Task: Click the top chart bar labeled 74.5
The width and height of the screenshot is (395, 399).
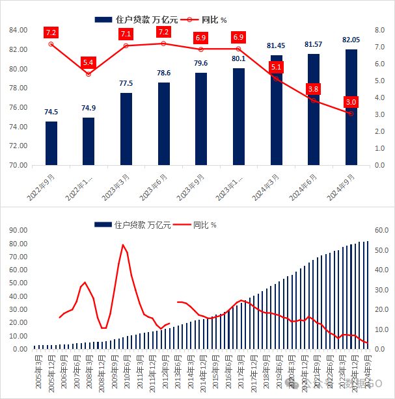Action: (51, 143)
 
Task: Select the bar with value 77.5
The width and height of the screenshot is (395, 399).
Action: (126, 129)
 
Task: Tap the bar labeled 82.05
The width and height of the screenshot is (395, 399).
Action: (351, 107)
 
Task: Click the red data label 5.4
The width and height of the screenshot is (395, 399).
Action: (89, 62)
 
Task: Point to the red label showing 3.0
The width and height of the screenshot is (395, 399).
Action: (351, 102)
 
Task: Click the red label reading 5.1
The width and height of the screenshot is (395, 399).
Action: (276, 67)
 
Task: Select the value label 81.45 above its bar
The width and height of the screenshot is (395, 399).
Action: (276, 46)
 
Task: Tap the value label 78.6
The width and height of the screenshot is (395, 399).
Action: (163, 73)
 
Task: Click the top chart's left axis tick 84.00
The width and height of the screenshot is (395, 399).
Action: (18, 31)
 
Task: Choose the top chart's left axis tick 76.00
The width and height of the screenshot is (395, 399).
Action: (18, 107)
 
